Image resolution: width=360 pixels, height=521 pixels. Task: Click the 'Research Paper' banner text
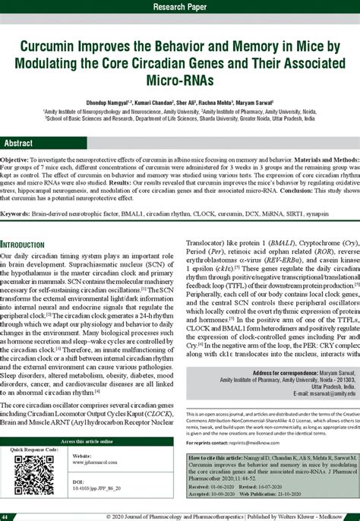tap(180, 7)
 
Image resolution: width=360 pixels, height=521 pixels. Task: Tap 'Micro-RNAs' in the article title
tap(179, 78)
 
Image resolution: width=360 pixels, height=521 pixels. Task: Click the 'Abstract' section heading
tap(19, 143)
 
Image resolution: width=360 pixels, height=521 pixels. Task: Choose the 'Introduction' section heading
tap(28, 245)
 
